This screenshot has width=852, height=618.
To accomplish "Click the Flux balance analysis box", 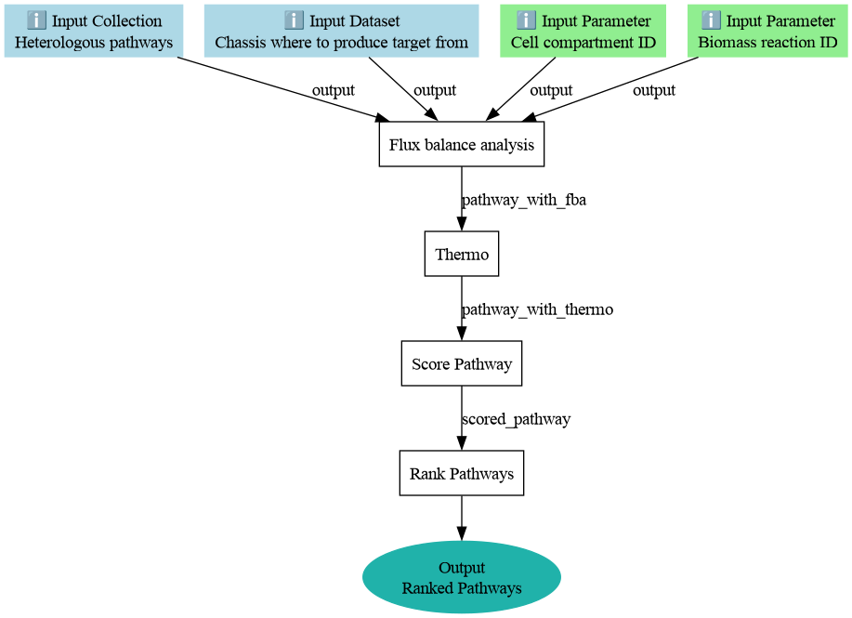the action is pyautogui.click(x=462, y=144).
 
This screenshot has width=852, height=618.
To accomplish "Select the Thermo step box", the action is pyautogui.click(x=462, y=254).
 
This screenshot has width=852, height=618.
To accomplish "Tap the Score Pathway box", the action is pyautogui.click(x=462, y=363).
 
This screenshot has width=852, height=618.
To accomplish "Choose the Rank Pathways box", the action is pyautogui.click(x=462, y=473).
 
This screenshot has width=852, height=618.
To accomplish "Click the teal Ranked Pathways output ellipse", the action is pyautogui.click(x=462, y=577).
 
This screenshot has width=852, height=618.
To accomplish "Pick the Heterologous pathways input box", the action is pyautogui.click(x=94, y=31).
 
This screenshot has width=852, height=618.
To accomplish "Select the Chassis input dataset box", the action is pyautogui.click(x=341, y=31).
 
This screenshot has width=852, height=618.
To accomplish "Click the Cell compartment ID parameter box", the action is pyautogui.click(x=583, y=31).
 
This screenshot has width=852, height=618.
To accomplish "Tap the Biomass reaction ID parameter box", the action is pyautogui.click(x=767, y=31).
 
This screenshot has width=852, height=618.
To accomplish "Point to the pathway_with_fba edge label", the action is pyautogui.click(x=524, y=200).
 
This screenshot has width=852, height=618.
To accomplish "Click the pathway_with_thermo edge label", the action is pyautogui.click(x=537, y=309).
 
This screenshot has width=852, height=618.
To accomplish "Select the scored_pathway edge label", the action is pyautogui.click(x=517, y=419).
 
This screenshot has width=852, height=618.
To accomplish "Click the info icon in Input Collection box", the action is pyautogui.click(x=36, y=20).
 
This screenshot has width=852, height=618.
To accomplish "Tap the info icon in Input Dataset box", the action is pyautogui.click(x=294, y=20).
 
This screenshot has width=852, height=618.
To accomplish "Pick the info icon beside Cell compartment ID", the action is pyautogui.click(x=526, y=20).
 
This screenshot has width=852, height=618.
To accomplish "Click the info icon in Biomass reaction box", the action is pyautogui.click(x=711, y=20).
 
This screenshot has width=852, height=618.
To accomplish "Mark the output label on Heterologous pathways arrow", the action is pyautogui.click(x=333, y=90).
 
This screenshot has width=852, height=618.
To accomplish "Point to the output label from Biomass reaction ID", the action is pyautogui.click(x=654, y=90).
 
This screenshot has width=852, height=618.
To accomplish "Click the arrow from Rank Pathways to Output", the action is pyautogui.click(x=462, y=518).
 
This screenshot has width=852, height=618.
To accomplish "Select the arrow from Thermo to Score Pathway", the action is pyautogui.click(x=462, y=309).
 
